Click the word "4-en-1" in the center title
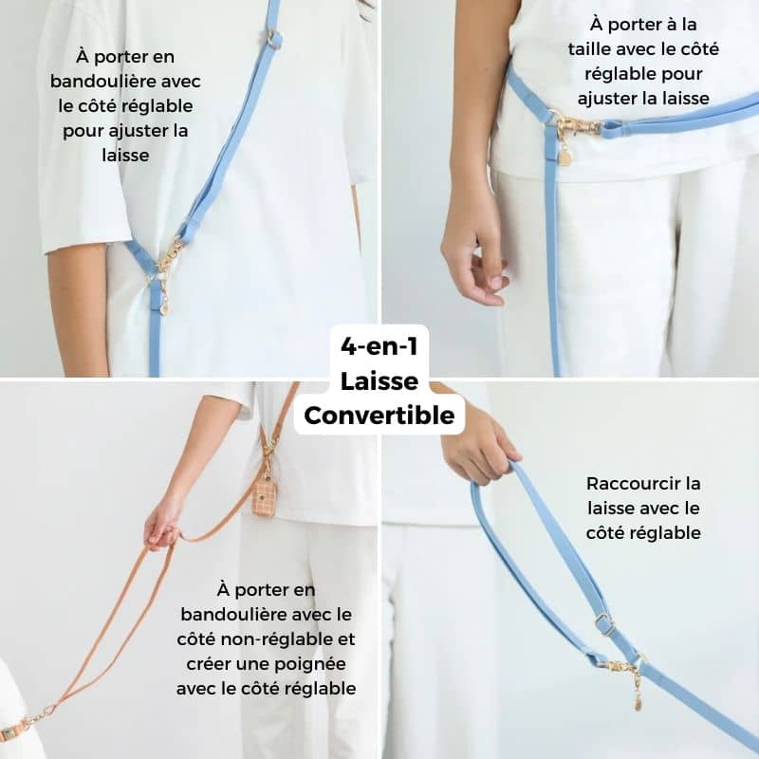click(x=379, y=346)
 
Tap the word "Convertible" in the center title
click(x=379, y=416)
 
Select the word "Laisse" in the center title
click(x=379, y=381)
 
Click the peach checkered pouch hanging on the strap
click(x=264, y=493)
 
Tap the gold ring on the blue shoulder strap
click(x=274, y=39)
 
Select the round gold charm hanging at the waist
click(x=565, y=157)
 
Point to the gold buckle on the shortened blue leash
click(x=604, y=624)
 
